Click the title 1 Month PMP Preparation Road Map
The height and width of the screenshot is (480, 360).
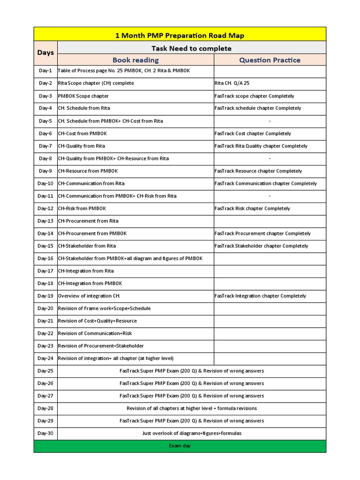point(180,35)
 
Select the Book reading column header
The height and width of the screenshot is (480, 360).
point(135,60)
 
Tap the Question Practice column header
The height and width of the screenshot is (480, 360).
point(270,60)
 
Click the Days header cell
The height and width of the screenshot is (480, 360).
point(45,52)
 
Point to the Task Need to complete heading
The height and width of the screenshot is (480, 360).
point(191,48)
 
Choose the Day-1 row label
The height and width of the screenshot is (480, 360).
point(45,71)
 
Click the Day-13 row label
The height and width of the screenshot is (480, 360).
point(45,221)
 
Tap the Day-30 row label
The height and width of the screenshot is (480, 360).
point(45,433)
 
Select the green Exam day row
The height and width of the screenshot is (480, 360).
point(180,446)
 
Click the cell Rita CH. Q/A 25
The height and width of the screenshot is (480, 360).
point(232,83)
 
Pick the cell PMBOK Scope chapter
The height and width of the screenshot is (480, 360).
point(83,96)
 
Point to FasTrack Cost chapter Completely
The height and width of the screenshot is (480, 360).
point(253,134)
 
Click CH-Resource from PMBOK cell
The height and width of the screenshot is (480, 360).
point(89,171)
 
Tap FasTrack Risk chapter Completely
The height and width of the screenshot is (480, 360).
point(252,209)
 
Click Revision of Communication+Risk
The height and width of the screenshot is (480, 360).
point(95,333)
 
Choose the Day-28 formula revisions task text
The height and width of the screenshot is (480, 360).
point(192,408)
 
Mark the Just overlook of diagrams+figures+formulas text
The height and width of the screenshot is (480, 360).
point(192,433)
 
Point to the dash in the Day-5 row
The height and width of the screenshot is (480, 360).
point(270,121)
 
